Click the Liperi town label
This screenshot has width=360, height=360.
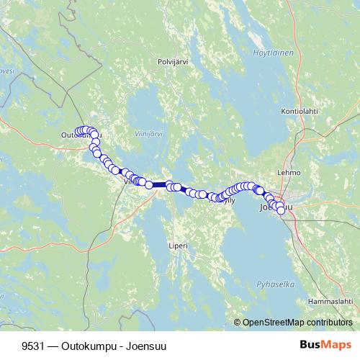tap(178, 246)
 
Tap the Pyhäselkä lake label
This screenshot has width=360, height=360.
tap(280, 284)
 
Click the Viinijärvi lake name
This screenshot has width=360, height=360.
tap(149, 134)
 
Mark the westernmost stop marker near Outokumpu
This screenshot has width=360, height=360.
tap(78, 132)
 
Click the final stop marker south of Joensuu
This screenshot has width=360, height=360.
tap(281, 211)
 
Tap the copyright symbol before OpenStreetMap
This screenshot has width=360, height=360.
tap(238, 323)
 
